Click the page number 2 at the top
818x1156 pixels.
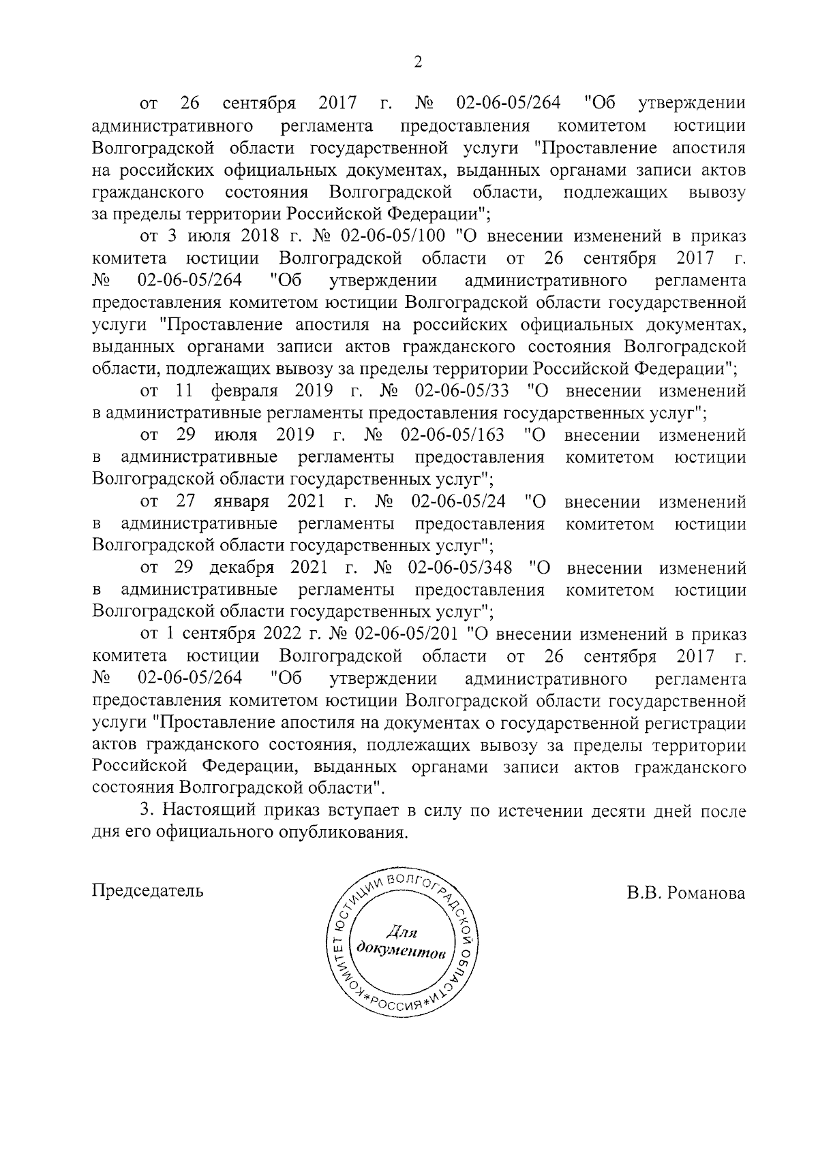pyautogui.click(x=418, y=62)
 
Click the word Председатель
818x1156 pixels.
pyautogui.click(x=147, y=891)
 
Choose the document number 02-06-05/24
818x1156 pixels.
pyautogui.click(x=458, y=502)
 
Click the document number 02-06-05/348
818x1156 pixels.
pyautogui.click(x=461, y=567)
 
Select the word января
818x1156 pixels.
pyautogui.click(x=241, y=502)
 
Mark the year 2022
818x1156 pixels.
pyautogui.click(x=280, y=634)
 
